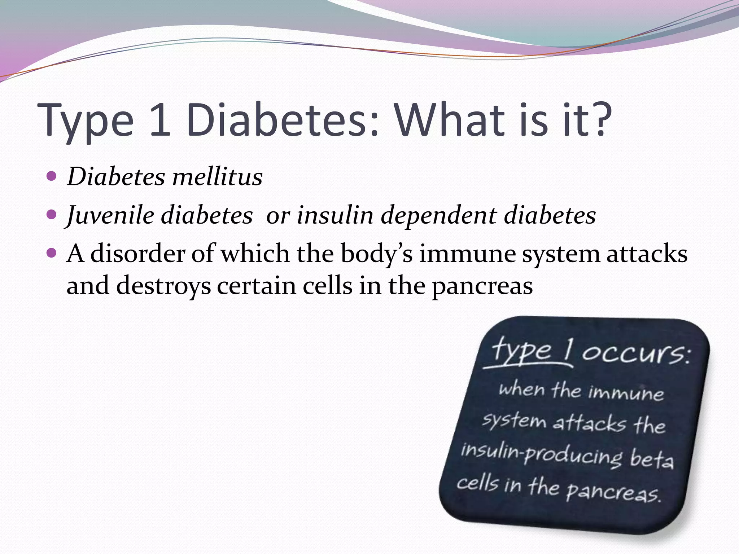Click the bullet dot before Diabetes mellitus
[x=52, y=176]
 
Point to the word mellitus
[x=217, y=177]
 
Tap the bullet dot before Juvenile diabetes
[x=52, y=215]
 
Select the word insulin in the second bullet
[x=335, y=215]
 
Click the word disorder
[x=137, y=254]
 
